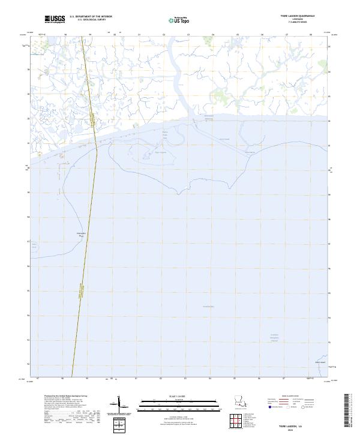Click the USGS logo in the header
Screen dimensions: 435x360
[x=55, y=19]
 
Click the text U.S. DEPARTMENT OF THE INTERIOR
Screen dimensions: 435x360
[x=91, y=17]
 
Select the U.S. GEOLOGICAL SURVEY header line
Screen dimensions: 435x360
[x=91, y=20]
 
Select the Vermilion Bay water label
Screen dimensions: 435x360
[x=208, y=307]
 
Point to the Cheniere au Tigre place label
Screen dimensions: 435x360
[x=81, y=233]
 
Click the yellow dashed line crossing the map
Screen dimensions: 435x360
[x=84, y=240]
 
